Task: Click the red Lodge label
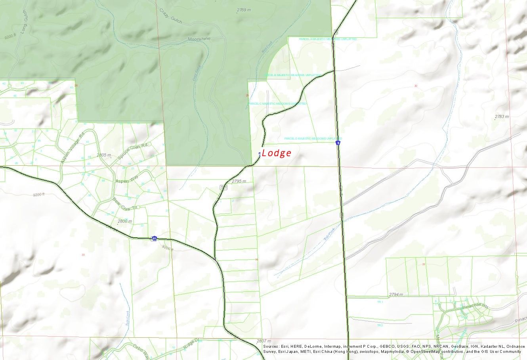coord(277,153)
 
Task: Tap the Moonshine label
coord(199,39)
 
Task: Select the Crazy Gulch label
coord(171,15)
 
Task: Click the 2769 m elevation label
coord(244,10)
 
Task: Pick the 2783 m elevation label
coord(502,117)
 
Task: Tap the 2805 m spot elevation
coord(104,155)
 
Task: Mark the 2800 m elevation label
coord(124,221)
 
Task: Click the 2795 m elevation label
coord(239,181)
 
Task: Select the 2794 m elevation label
coord(395,295)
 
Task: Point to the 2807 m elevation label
coord(263,341)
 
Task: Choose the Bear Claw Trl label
coord(124,203)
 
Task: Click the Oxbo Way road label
coord(140,350)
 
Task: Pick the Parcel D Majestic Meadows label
coord(305,139)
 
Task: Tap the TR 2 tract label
coord(380,325)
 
